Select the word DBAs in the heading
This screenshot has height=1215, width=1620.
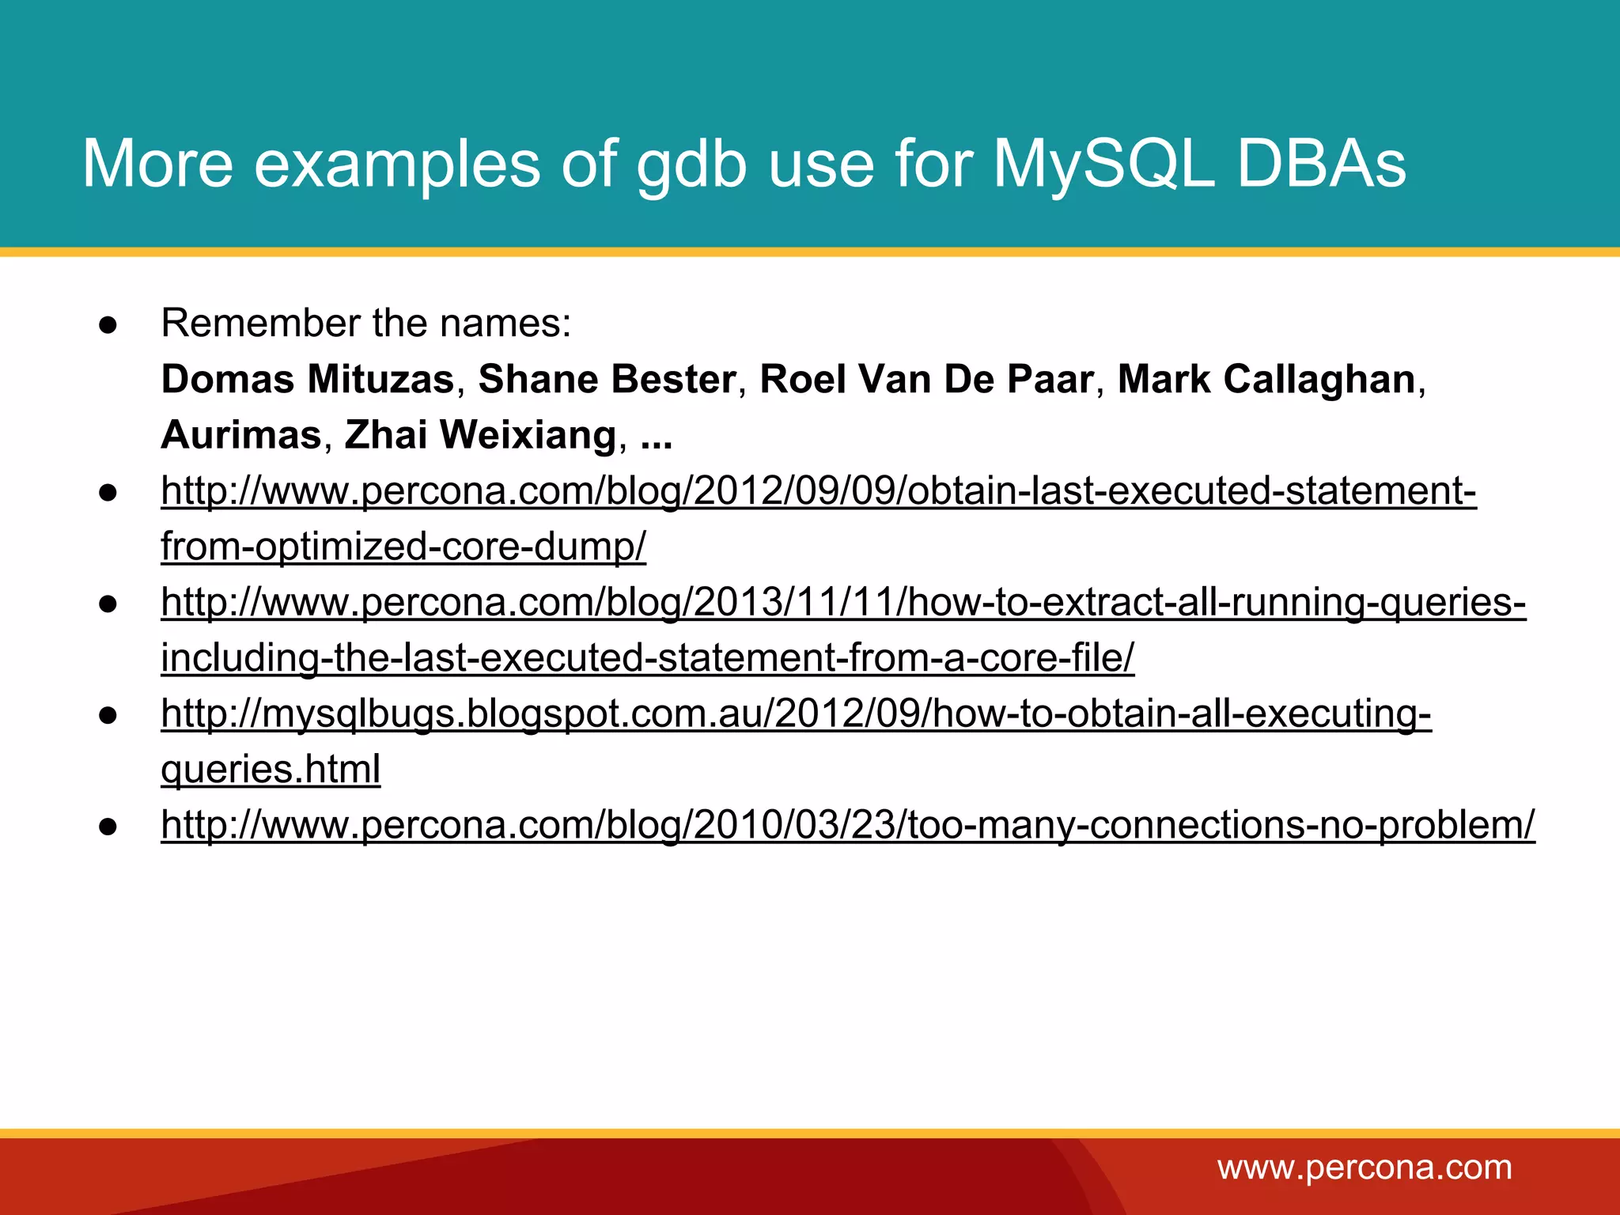coord(1321,164)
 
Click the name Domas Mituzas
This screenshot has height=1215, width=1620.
coord(308,379)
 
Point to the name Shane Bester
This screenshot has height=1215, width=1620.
coord(607,379)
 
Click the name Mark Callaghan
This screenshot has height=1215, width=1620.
coord(1266,379)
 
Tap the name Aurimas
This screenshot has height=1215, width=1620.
coord(241,434)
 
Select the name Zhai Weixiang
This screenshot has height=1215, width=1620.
coord(480,434)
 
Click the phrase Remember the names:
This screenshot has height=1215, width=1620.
coord(365,323)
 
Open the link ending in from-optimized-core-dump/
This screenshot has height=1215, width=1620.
coord(403,546)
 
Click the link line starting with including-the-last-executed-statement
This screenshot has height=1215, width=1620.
coord(647,657)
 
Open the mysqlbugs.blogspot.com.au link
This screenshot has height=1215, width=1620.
coord(796,713)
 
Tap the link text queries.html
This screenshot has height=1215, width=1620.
coord(271,769)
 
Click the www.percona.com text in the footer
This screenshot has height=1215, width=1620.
coord(1365,1168)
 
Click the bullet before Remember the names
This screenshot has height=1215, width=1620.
coord(108,325)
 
